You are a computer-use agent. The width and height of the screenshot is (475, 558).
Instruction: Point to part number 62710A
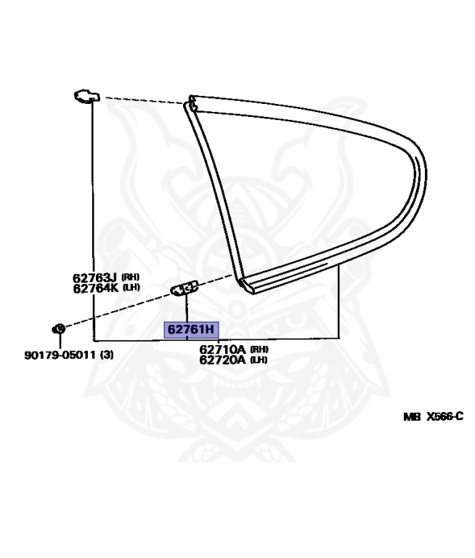coord(222,349)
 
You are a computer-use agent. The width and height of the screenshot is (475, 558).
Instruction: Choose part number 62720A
coord(222,360)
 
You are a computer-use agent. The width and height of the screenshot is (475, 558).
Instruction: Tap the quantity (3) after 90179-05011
coord(107,355)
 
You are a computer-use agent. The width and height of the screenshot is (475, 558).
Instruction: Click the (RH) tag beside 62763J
coord(130,277)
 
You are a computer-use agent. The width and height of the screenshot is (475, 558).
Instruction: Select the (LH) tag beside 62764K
coord(130,288)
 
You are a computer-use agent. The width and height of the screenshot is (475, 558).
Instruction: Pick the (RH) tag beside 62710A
coord(259,349)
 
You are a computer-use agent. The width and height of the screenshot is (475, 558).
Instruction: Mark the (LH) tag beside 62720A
coord(259,360)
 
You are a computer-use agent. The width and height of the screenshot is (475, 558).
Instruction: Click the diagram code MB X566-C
coord(433,417)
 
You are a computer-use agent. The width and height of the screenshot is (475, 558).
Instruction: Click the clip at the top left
coord(86,96)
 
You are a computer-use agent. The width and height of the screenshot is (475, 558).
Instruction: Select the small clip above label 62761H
coord(184,289)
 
